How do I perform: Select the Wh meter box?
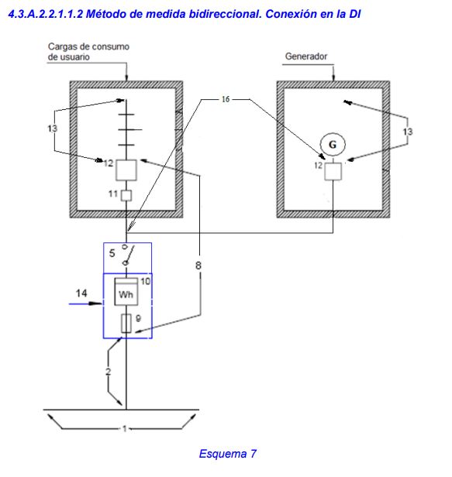[126, 292]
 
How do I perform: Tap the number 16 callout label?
[226, 99]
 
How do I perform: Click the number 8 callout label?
[198, 266]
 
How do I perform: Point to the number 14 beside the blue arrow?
[81, 293]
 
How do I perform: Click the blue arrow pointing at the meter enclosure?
[85, 304]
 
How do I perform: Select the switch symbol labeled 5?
[128, 255]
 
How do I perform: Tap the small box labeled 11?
[126, 196]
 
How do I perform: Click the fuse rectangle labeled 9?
[126, 324]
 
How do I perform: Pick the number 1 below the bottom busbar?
[125, 429]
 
